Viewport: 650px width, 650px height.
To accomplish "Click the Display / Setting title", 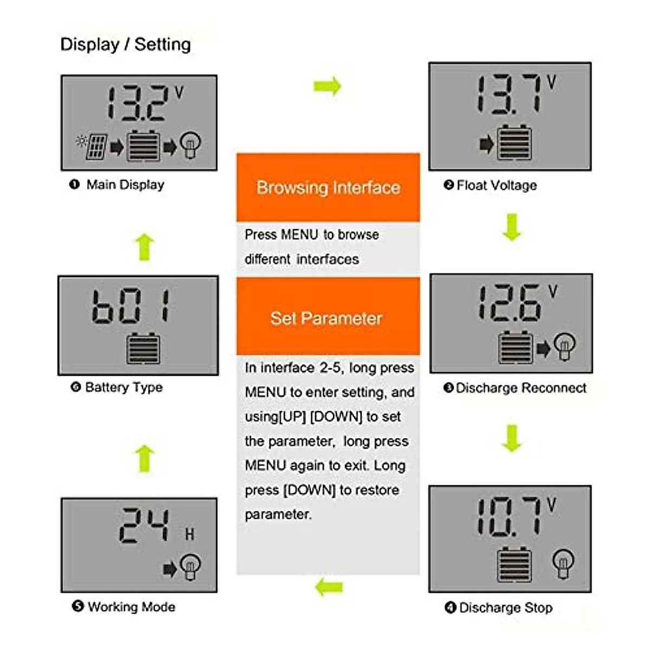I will click(125, 44).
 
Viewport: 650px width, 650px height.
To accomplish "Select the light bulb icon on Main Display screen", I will click(190, 145).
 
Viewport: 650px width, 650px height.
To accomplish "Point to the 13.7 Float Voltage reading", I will click(509, 94).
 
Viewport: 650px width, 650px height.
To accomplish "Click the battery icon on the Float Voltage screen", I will click(514, 142).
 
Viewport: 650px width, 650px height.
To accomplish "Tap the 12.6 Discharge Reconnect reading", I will click(509, 303).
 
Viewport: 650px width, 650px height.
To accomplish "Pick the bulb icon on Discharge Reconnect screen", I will click(564, 347).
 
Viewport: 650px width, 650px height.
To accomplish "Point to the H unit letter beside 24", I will click(189, 535).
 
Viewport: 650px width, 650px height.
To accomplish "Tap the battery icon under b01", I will click(143, 349).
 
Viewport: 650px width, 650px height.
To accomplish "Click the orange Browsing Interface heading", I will click(328, 187).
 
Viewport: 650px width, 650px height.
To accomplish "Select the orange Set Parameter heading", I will click(327, 318).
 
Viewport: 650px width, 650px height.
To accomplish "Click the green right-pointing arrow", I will click(327, 86).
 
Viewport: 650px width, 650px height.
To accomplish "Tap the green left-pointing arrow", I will click(329, 587).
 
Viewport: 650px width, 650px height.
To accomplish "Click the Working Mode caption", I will click(131, 607).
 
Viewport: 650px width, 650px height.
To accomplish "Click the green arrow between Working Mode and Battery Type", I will click(144, 458).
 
